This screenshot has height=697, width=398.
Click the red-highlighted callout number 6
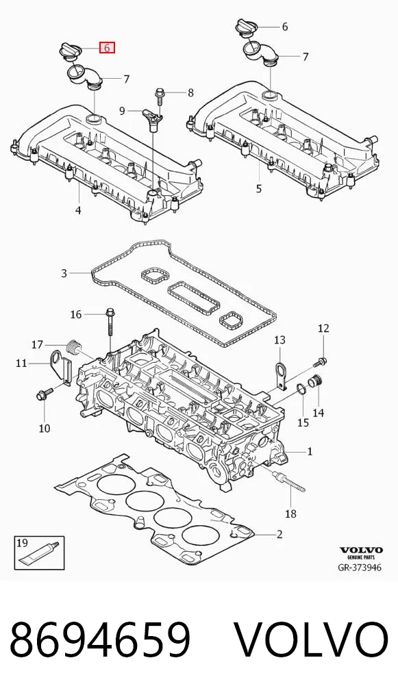107,47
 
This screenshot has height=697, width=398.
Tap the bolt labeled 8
160,95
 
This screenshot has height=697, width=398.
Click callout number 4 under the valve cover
78,210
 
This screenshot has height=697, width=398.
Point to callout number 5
259,189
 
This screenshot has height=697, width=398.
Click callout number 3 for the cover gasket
64,273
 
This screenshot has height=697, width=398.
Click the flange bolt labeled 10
45,393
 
